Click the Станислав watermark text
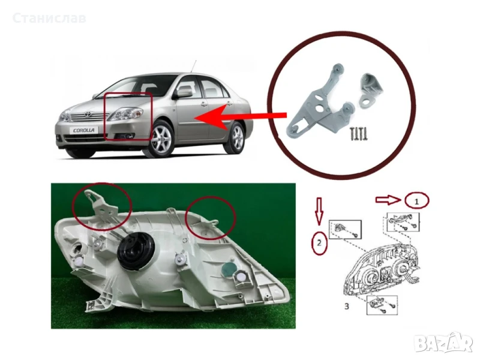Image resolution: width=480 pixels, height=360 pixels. tap(49, 18)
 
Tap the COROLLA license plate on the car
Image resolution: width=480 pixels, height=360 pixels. tap(84, 130)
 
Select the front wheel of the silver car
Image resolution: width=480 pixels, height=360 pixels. tap(161, 139)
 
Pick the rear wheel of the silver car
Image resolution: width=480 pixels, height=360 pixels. tap(237, 138)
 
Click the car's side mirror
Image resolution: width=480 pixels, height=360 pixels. tap(183, 93)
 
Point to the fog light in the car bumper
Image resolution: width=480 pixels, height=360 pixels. tap(128, 136)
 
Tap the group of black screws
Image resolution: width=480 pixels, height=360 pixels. tap(359, 133)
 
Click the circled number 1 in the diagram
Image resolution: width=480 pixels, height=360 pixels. tap(416, 201)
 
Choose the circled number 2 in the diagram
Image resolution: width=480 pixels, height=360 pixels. tap(319, 243)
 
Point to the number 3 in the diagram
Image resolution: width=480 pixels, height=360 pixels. tap(347, 306)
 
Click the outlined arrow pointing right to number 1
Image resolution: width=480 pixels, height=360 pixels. tap(388, 200)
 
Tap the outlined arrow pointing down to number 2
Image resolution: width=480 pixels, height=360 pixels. tap(319, 211)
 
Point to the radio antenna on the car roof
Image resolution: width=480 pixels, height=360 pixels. tap(193, 67)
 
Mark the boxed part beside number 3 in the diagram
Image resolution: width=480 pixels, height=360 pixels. tap(382, 305)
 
